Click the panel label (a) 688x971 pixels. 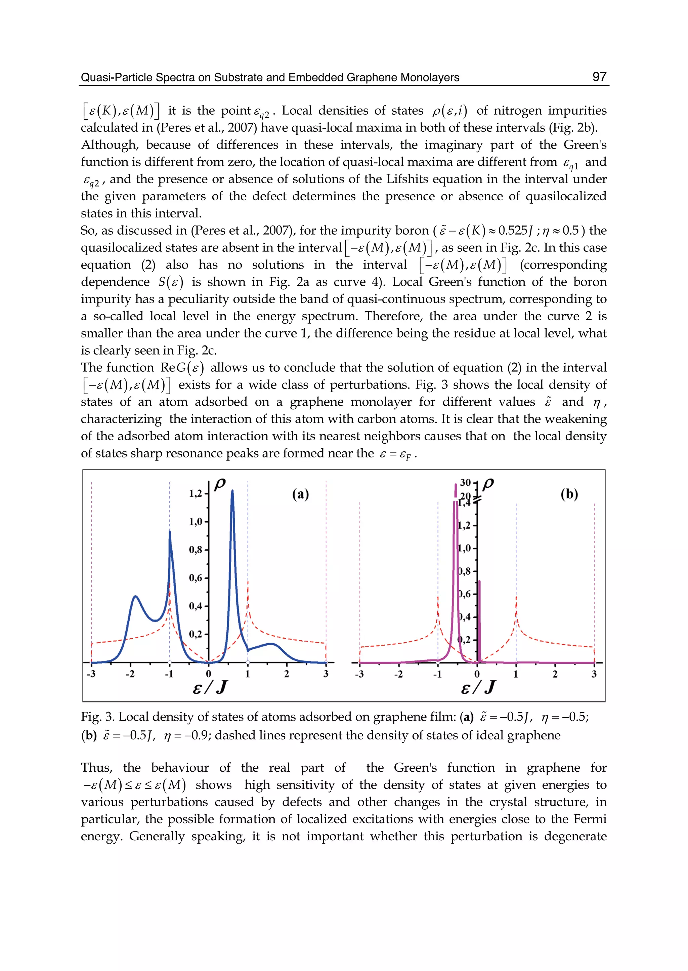coord(300,494)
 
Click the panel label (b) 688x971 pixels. coord(569,494)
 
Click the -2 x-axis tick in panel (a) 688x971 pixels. coord(130,674)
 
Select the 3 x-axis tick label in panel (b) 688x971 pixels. coord(594,674)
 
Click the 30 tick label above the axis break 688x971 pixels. coord(465,482)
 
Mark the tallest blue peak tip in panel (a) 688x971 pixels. coord(232,491)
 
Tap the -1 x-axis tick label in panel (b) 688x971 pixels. coord(437,674)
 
